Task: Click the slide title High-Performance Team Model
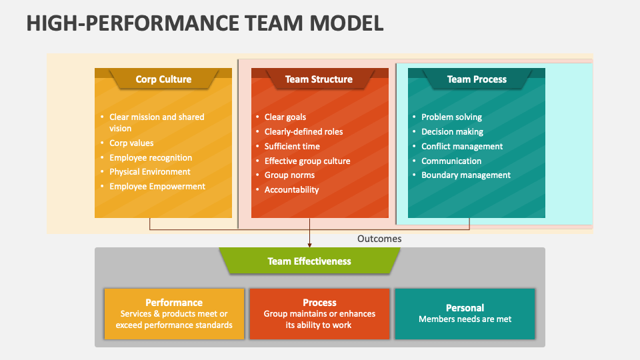[205, 22]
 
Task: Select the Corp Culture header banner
[163, 79]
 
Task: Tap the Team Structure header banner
[319, 79]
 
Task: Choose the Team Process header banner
[477, 79]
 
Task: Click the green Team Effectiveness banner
[309, 261]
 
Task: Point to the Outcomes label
[379, 239]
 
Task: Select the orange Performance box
[174, 313]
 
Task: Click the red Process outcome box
[319, 313]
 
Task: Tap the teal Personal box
[465, 313]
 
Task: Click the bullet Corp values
[131, 143]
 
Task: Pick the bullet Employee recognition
[151, 158]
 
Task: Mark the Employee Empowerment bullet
[157, 187]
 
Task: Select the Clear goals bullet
[285, 117]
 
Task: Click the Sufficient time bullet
[292, 147]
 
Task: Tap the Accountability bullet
[291, 190]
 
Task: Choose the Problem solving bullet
[451, 117]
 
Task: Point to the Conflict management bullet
[462, 147]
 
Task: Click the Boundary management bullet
[466, 175]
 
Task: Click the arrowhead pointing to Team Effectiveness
[309, 245]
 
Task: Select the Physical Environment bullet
[150, 172]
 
